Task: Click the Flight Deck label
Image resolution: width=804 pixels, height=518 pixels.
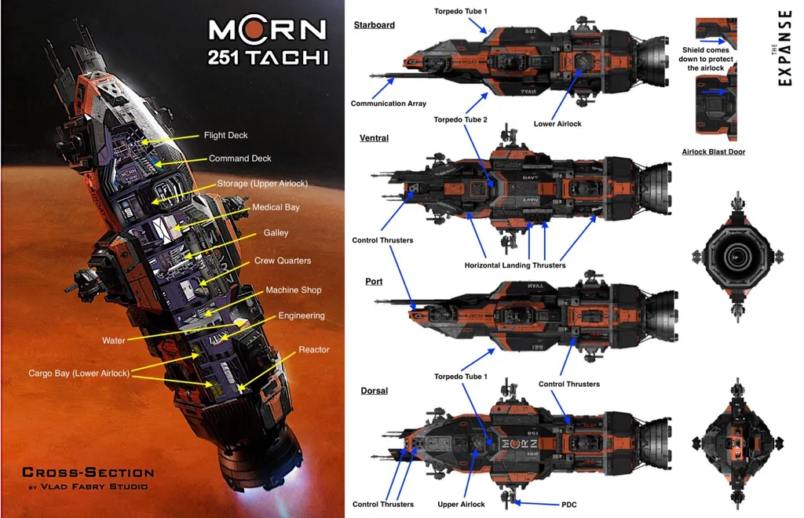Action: coord(226,136)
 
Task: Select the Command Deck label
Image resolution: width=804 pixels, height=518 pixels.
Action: coord(239,159)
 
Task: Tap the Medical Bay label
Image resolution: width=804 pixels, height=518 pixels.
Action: coord(276,208)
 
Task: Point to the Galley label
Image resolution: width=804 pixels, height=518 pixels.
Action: coord(276,233)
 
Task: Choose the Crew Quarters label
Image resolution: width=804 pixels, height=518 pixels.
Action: coord(283,261)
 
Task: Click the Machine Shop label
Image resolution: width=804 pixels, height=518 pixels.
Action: coord(293,290)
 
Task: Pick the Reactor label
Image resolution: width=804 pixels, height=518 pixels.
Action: coord(314,350)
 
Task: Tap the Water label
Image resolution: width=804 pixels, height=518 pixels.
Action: coord(115,341)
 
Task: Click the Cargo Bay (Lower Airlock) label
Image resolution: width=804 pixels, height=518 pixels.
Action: coord(79,374)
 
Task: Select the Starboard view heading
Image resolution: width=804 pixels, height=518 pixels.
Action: coord(375,25)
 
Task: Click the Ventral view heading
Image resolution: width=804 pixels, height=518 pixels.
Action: coord(374,138)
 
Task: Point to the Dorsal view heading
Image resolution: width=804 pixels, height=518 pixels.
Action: coord(374,391)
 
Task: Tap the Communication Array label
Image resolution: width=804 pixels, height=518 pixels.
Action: coord(389,104)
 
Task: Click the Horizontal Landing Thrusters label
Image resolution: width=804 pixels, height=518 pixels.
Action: coord(515,265)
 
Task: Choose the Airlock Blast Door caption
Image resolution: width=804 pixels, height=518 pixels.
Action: coord(714,151)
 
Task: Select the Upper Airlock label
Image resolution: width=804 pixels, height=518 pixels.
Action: coord(462,505)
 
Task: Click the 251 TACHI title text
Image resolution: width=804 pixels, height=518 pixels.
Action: coord(267,57)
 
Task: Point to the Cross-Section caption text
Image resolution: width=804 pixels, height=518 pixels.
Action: coord(88,472)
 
